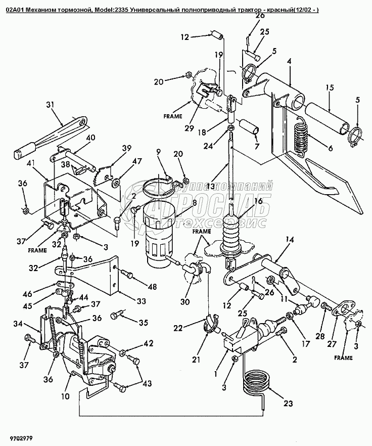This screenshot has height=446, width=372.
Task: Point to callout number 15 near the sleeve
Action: click(330, 88)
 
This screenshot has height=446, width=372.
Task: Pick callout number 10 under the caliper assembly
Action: click(65, 397)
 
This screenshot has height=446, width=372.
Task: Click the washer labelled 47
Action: click(116, 181)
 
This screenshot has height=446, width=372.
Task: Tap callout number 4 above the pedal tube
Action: click(290, 61)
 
